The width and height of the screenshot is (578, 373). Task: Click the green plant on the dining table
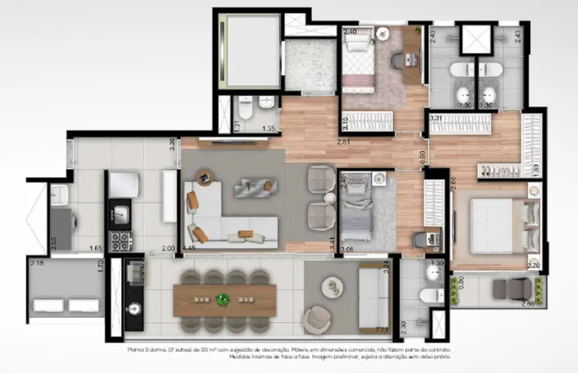coord(222,299)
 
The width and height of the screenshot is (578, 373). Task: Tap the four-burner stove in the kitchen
coord(121,240)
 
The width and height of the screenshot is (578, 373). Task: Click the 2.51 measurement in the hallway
coord(344,142)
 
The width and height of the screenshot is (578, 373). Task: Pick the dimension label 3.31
coord(435,119)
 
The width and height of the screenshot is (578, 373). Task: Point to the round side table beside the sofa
coord(205,177)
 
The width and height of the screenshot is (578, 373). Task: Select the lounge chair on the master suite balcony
coord(512,287)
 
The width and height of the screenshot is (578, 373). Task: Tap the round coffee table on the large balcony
coord(331,287)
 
